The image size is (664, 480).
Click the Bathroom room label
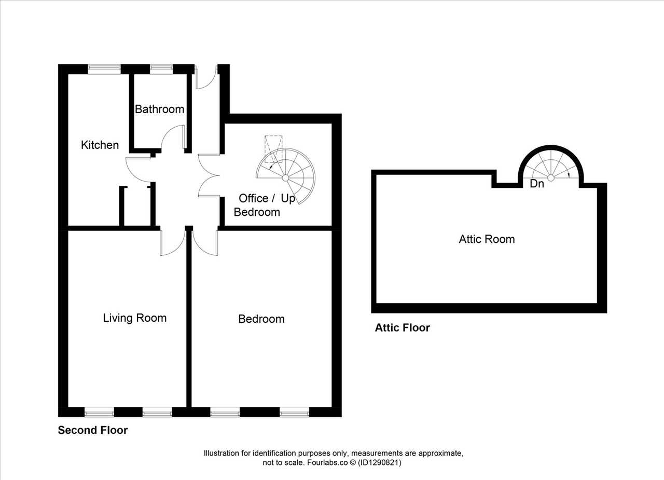(159, 109)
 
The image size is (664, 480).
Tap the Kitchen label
(100, 145)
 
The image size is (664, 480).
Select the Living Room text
(134, 319)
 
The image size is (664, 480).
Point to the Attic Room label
(487, 239)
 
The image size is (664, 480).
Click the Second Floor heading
(93, 430)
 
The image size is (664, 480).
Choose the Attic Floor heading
(402, 327)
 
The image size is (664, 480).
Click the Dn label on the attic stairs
(537, 184)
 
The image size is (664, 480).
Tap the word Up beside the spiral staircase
(288, 199)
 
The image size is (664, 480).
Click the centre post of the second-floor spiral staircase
(285, 178)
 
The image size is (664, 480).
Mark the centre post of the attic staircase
(551, 178)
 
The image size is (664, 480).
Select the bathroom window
(161, 69)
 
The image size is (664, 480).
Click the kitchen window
(104, 69)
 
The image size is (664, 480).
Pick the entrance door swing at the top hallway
(206, 77)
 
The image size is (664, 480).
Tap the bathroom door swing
(173, 137)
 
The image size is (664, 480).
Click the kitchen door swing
(139, 170)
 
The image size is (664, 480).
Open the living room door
(173, 243)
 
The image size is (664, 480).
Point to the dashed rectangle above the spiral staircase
(273, 149)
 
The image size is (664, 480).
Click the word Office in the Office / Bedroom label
(254, 199)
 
